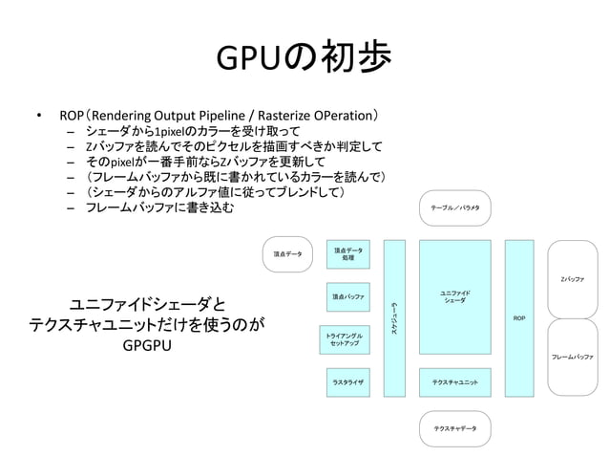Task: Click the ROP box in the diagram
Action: pos(518,317)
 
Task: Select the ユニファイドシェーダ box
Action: pos(454,297)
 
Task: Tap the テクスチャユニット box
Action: pos(454,382)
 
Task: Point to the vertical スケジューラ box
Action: pos(393,317)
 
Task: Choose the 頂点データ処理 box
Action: pos(347,253)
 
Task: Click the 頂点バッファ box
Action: pos(347,297)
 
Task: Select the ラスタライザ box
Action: pos(347,382)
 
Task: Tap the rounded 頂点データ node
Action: pos(287,254)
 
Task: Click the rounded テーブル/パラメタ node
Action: pos(454,207)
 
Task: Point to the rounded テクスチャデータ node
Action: pos(454,428)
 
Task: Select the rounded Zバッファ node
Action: pos(572,278)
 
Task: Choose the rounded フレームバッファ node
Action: pos(572,356)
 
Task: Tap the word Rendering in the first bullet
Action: pos(126,115)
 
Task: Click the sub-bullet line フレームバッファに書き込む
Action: pos(158,207)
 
